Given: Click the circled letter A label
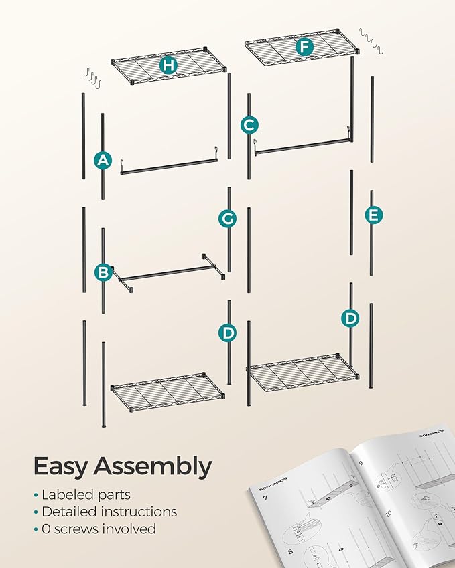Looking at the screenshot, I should (x=103, y=160).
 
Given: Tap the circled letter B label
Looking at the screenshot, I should (x=103, y=272).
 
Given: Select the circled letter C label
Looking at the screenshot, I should (x=249, y=124).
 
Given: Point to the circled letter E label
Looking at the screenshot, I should (x=373, y=215).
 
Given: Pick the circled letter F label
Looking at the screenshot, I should (x=305, y=47).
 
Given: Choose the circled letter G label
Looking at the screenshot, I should (x=228, y=218).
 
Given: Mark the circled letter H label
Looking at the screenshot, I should (x=168, y=65).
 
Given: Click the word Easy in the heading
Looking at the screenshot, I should (x=61, y=466).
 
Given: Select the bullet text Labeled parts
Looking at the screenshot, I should (x=86, y=495).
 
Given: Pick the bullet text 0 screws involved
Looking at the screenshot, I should (x=98, y=529).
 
